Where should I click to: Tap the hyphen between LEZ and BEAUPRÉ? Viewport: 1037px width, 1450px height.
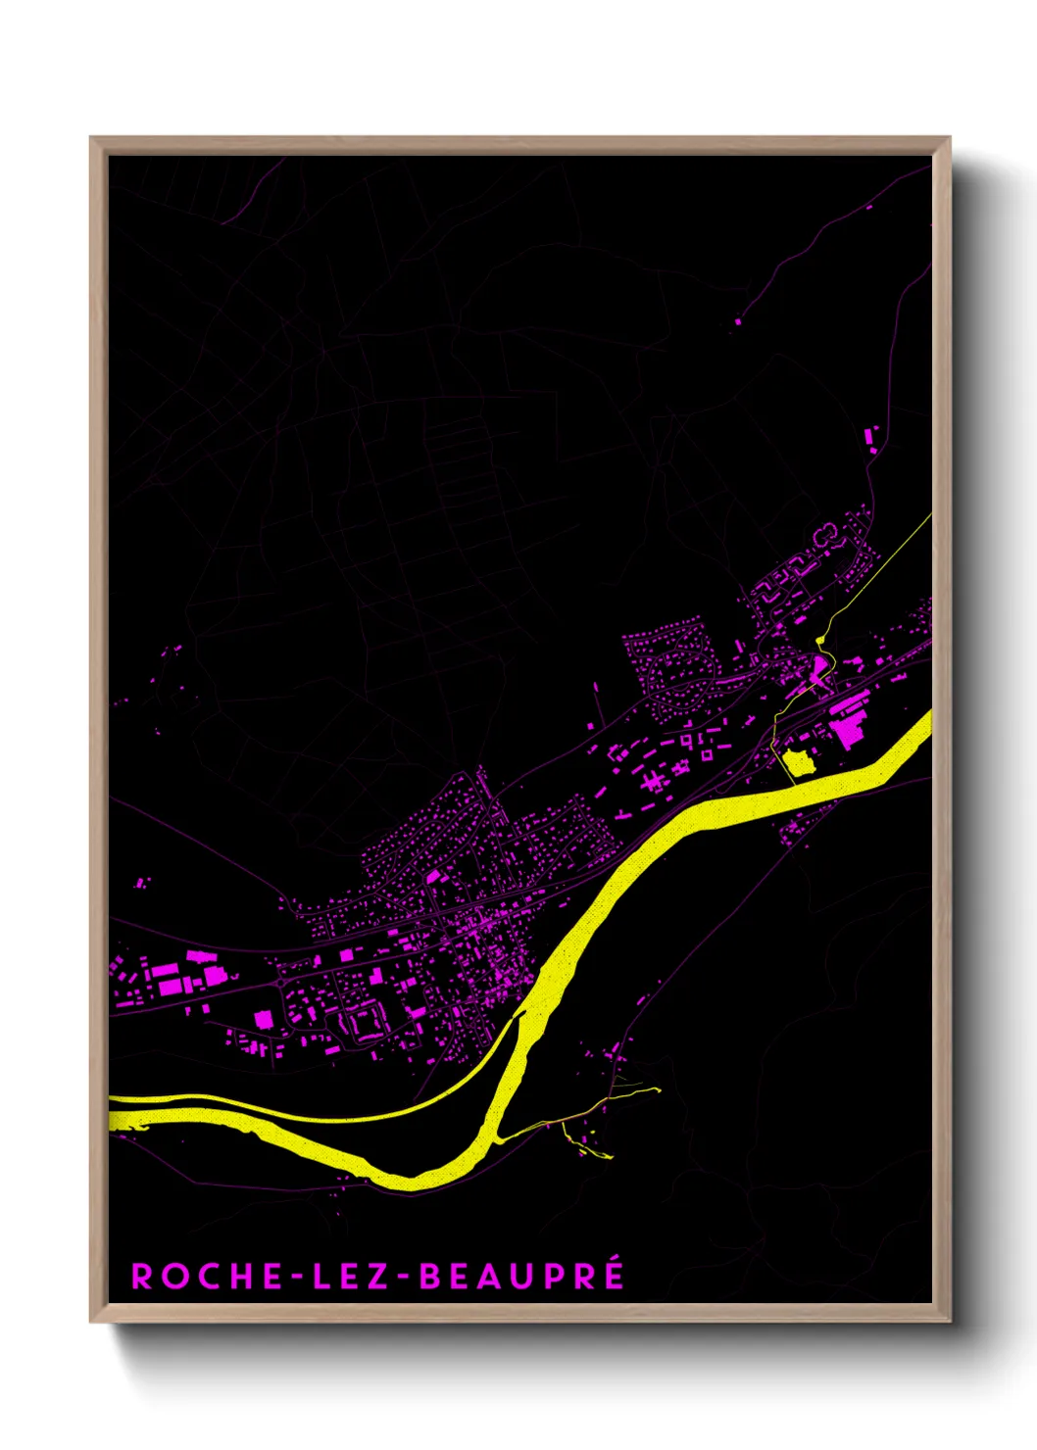coord(406,1277)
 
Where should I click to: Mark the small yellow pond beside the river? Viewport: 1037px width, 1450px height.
coord(799,761)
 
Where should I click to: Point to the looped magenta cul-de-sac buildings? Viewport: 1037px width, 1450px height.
coord(826,534)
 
